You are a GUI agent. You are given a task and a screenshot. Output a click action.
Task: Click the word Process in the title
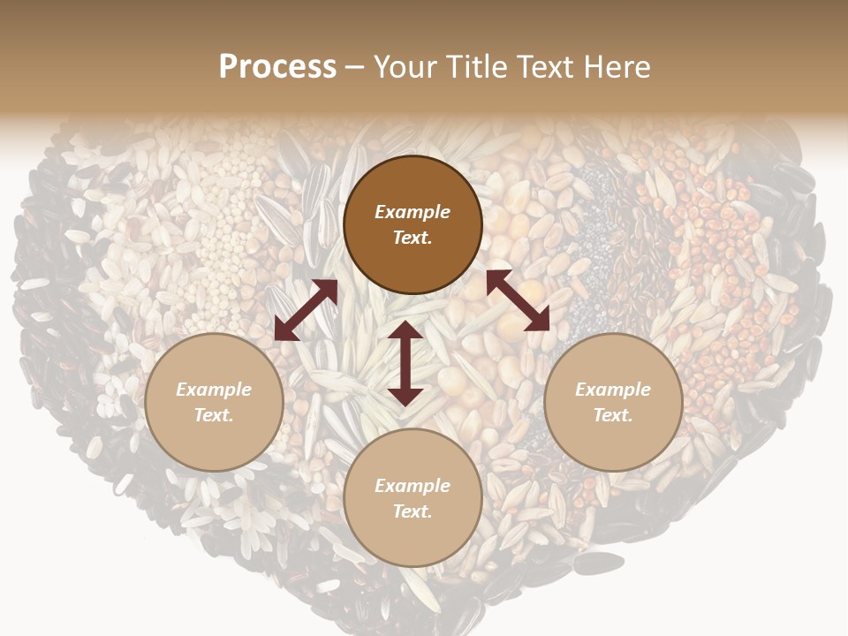click(x=277, y=67)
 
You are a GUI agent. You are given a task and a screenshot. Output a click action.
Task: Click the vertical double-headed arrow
click(x=405, y=363)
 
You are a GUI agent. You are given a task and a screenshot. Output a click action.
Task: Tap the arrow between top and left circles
click(x=306, y=310)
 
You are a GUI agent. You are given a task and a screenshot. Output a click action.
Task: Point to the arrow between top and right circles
click(x=518, y=300)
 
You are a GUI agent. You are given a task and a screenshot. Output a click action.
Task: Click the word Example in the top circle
click(x=413, y=212)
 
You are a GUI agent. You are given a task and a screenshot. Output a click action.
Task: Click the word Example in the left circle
click(x=214, y=390)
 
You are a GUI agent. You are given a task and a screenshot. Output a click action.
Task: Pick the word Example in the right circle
click(x=613, y=390)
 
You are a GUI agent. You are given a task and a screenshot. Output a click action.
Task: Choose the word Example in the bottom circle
click(x=413, y=486)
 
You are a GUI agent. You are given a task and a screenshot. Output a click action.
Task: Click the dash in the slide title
click(x=355, y=68)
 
